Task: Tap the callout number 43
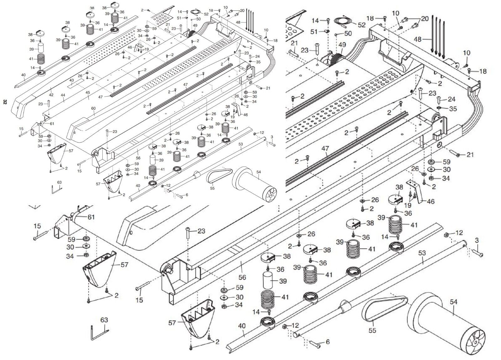(x=72, y=81)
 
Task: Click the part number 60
(x=93, y=108)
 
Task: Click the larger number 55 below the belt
(x=372, y=330)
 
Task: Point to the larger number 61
(x=91, y=217)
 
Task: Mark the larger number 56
(x=242, y=277)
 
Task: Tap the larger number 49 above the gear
(x=342, y=45)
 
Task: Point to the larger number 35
(x=453, y=109)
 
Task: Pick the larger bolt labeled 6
(x=315, y=344)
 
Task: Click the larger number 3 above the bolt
(x=477, y=241)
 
